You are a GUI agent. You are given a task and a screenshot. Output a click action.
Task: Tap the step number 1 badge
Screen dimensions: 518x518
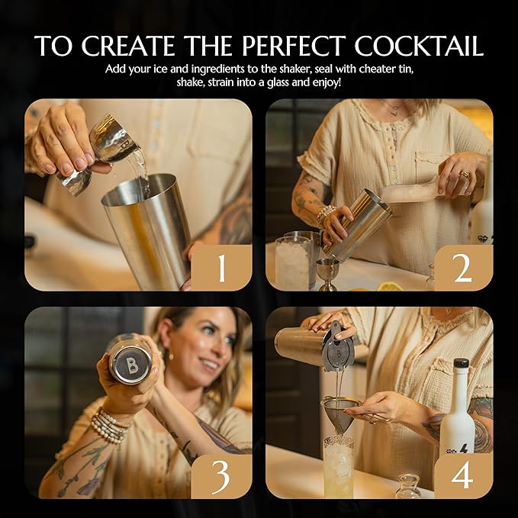221,268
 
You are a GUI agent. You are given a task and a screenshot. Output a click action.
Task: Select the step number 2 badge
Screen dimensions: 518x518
462,268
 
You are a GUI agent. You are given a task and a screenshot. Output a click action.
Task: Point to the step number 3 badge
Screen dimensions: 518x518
221,475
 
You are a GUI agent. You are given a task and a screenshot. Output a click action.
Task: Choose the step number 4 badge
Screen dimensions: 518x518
462,475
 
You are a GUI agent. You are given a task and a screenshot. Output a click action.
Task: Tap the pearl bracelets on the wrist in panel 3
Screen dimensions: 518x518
109,426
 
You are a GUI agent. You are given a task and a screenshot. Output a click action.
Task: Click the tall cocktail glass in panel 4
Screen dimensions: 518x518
338,465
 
